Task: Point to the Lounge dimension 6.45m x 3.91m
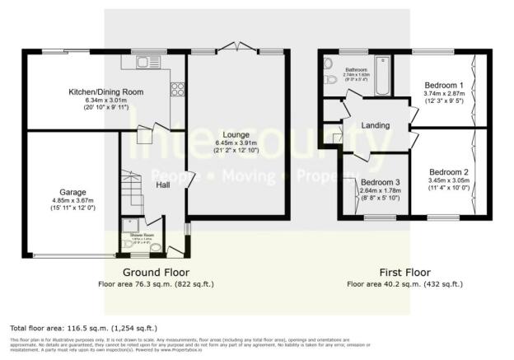[x=236, y=144]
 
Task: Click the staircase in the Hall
[x=133, y=185]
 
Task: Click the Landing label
[x=374, y=124]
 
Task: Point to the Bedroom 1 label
[x=444, y=85]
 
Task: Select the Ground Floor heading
[x=156, y=272]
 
